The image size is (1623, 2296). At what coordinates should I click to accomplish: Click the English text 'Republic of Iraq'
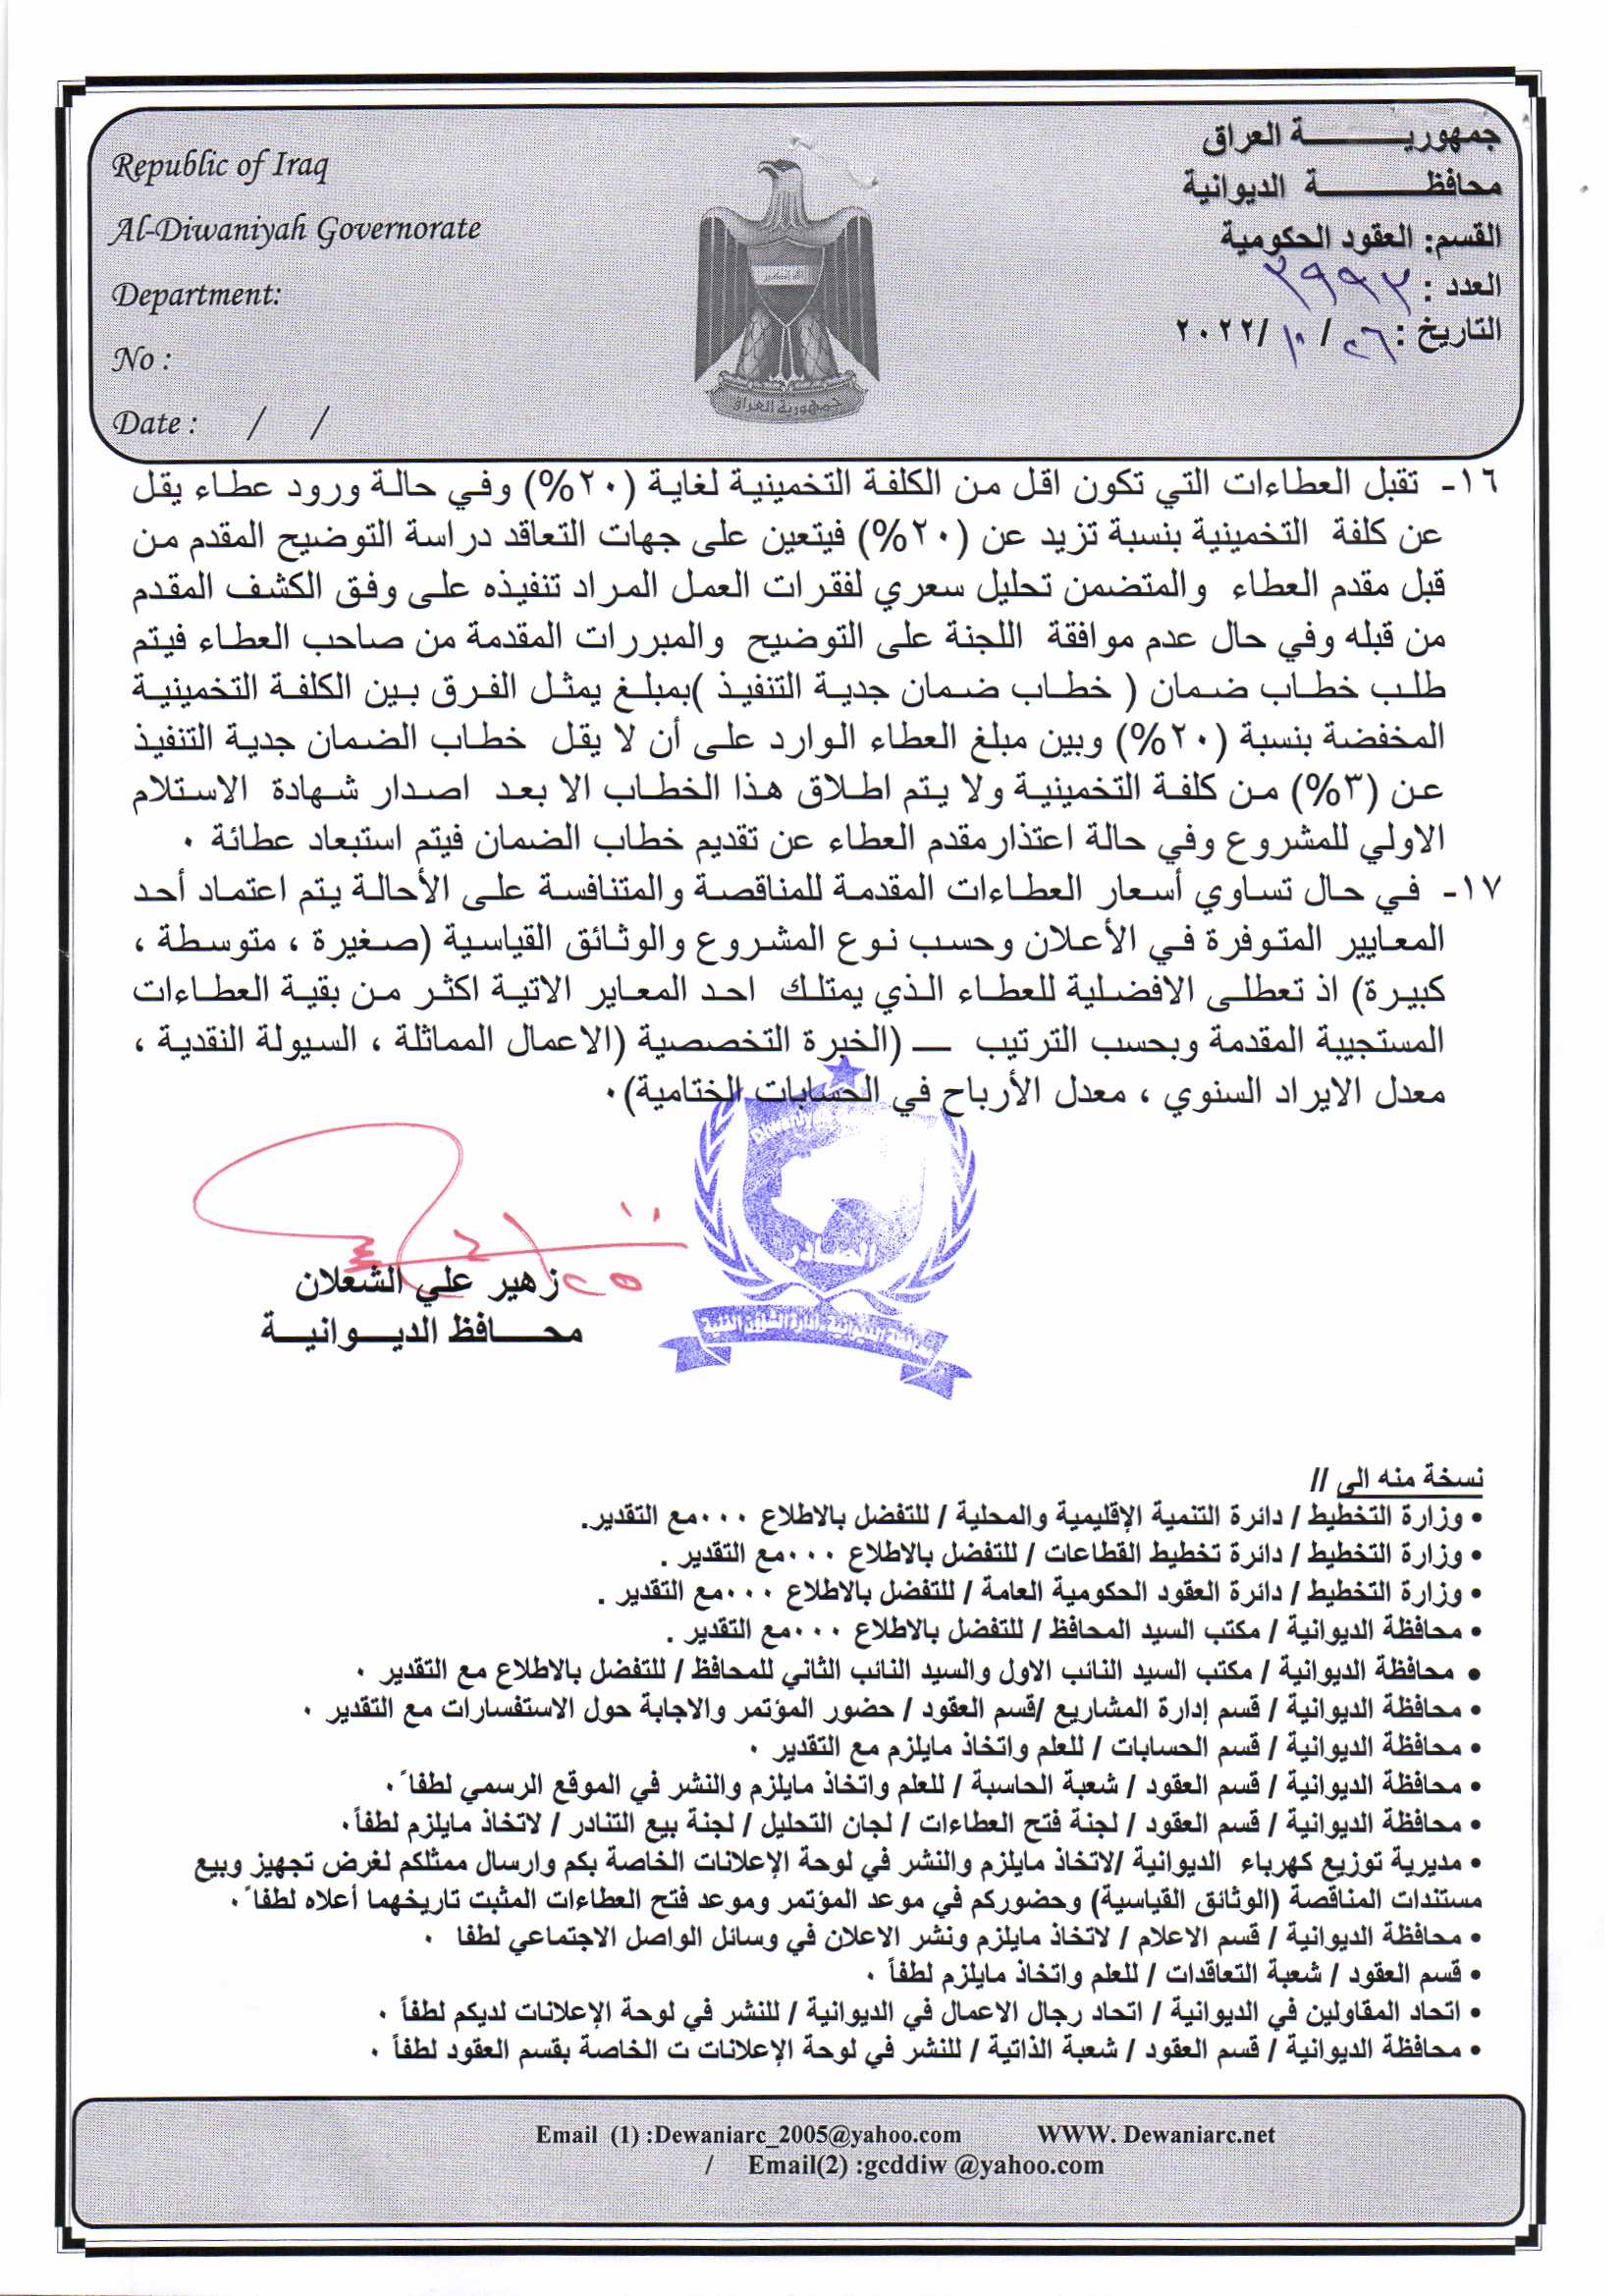tap(219, 166)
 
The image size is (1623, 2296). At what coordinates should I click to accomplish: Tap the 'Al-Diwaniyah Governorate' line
tap(295, 230)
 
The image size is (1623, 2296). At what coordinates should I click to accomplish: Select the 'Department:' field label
tap(196, 295)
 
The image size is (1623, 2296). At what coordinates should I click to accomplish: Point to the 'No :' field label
tap(140, 359)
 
